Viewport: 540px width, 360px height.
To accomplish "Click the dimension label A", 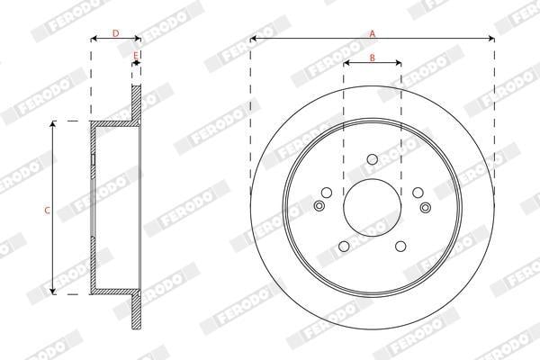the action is [x=373, y=33].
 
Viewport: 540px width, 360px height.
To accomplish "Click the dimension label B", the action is [x=373, y=58].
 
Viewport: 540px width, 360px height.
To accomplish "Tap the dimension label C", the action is [x=48, y=210].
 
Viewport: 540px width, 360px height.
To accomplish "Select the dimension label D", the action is [x=116, y=33].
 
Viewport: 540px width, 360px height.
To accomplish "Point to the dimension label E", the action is [x=136, y=55].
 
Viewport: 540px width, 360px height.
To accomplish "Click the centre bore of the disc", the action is [x=373, y=207].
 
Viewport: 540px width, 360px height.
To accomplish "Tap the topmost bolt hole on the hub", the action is [x=373, y=159].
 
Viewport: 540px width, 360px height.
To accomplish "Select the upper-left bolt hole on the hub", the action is [x=327, y=193].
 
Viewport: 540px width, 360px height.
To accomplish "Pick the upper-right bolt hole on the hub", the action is [x=418, y=193].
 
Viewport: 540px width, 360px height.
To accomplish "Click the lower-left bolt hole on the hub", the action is [x=344, y=247].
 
